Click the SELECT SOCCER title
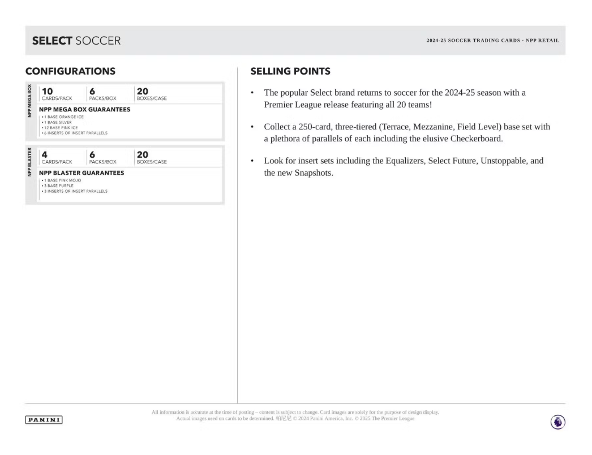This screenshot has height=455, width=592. pyautogui.click(x=76, y=41)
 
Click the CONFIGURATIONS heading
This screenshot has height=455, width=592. pyautogui.click(x=70, y=71)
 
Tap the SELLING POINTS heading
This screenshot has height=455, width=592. pyautogui.click(x=290, y=71)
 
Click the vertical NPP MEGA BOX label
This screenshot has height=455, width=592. pyautogui.click(x=29, y=101)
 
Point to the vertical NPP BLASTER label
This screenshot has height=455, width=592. pyautogui.click(x=29, y=162)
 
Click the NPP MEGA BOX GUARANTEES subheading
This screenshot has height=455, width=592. pyautogui.click(x=84, y=109)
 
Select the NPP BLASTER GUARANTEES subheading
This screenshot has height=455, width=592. pyautogui.click(x=81, y=172)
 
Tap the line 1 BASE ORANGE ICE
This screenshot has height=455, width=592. pyautogui.click(x=63, y=117)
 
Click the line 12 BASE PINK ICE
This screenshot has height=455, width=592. pyautogui.click(x=61, y=127)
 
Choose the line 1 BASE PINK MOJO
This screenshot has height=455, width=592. pyautogui.click(x=62, y=180)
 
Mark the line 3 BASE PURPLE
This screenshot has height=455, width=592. pyautogui.click(x=58, y=185)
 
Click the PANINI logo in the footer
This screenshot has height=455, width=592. pyautogui.click(x=44, y=420)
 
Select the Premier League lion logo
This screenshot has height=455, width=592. pyautogui.click(x=557, y=422)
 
